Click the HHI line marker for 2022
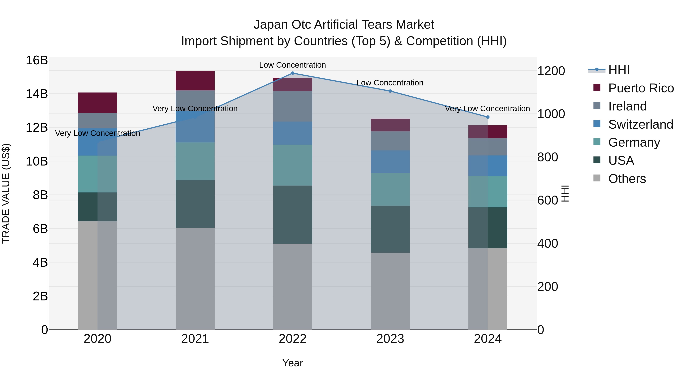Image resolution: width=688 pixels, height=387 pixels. pos(292,73)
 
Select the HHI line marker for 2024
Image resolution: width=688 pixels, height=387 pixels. pos(488,117)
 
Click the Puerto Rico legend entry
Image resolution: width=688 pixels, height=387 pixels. pos(641,88)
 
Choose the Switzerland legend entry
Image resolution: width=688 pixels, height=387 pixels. pos(640,124)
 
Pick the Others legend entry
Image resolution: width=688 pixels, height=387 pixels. pos(627,179)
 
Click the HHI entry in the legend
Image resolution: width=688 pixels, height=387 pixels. pos(619,70)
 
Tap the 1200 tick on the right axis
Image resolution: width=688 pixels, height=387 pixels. pos(551,71)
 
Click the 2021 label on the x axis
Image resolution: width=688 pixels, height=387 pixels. pos(195,339)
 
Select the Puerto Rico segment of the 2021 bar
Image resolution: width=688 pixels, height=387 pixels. pos(195,81)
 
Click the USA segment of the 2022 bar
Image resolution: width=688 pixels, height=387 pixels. pos(292,215)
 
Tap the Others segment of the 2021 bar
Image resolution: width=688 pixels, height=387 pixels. pos(195,279)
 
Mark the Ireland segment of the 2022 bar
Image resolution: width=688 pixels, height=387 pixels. pos(292,106)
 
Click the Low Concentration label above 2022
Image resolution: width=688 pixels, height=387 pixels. pos(292,65)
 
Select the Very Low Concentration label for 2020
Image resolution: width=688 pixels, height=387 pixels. pos(97,133)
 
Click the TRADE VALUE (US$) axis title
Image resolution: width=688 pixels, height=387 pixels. pos(6,193)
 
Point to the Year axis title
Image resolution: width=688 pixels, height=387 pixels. pos(292,363)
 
